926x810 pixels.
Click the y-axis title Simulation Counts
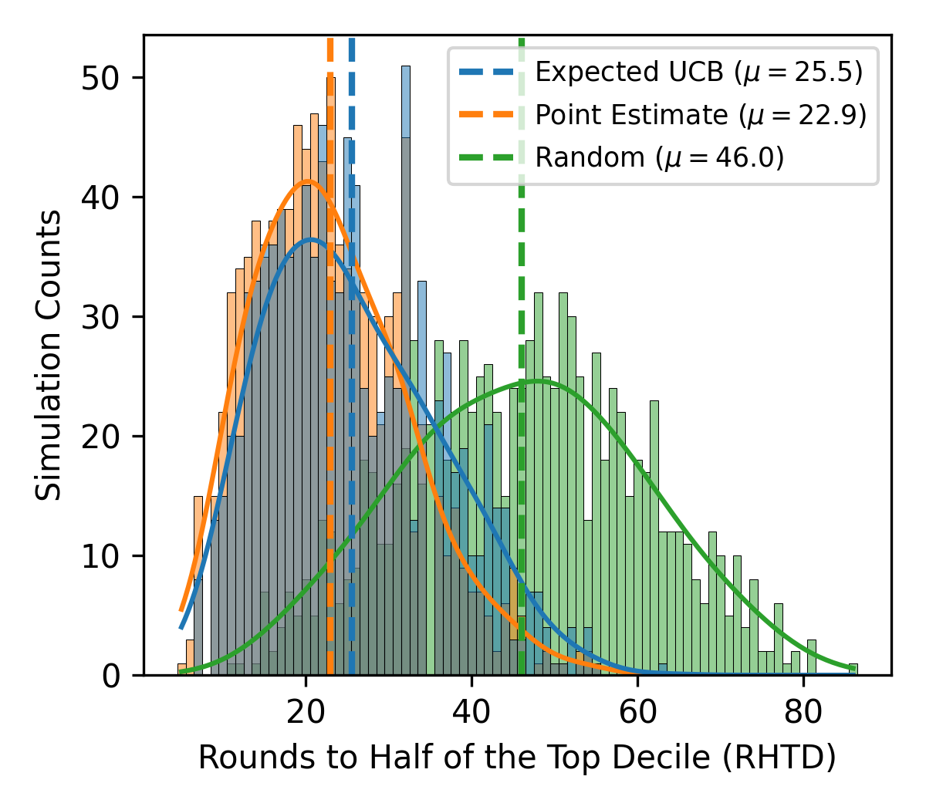point(49,355)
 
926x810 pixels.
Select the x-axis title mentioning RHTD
point(517,758)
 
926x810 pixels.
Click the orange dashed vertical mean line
point(330,463)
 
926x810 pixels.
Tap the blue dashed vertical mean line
point(352,463)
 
